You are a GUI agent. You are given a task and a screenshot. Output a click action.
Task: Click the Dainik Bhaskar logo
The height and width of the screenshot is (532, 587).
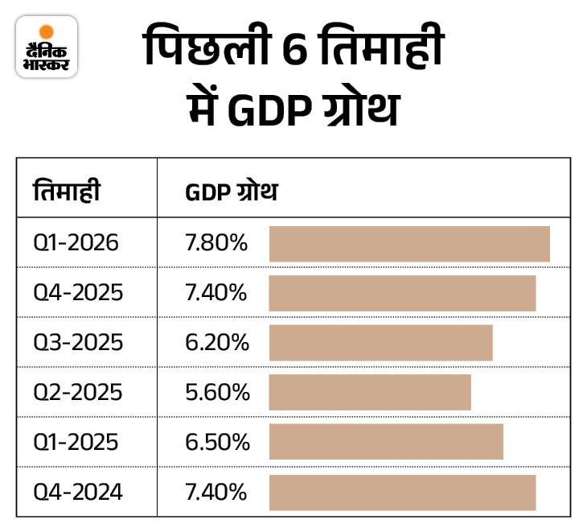click(47, 47)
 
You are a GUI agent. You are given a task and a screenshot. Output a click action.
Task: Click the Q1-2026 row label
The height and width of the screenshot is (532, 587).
click(76, 243)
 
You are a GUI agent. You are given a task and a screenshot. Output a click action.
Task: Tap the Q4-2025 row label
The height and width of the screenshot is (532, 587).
click(78, 293)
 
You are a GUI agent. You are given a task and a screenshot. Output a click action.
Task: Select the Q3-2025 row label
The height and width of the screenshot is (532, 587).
click(78, 343)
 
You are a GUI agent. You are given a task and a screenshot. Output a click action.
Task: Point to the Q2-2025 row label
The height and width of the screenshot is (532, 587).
click(78, 393)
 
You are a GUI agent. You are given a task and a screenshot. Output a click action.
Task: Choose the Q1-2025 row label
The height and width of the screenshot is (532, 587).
click(76, 443)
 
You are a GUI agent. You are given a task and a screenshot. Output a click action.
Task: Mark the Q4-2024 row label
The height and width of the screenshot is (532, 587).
click(78, 493)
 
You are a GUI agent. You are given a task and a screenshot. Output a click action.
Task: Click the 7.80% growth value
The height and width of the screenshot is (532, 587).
click(216, 243)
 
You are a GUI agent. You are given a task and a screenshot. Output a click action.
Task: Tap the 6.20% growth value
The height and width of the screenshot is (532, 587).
click(216, 343)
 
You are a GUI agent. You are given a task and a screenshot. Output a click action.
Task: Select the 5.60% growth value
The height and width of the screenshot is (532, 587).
click(216, 393)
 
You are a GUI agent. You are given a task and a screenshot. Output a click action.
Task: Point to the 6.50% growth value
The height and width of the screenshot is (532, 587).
click(216, 443)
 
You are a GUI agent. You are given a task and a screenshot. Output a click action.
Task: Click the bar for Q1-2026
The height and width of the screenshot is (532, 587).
click(409, 244)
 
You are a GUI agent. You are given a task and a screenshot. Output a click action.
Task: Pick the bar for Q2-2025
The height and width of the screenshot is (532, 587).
click(370, 392)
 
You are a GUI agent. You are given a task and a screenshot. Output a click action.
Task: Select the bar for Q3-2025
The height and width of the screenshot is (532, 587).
click(380, 343)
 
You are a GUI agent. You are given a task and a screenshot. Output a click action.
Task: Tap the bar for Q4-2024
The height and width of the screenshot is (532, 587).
click(402, 493)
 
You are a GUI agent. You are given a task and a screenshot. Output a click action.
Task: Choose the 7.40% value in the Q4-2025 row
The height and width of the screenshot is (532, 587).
click(216, 293)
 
